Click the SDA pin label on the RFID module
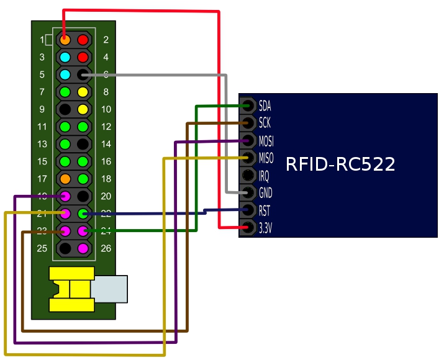[x=265, y=106]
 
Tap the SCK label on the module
[x=265, y=123]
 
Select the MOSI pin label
[x=266, y=140]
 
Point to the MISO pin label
[x=266, y=158]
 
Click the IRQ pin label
[x=264, y=175]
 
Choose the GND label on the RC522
[x=265, y=192]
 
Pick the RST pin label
[x=265, y=210]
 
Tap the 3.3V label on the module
[x=265, y=228]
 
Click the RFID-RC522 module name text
[x=340, y=165]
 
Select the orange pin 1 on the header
[x=65, y=40]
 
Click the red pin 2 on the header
[x=83, y=40]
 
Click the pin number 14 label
[x=106, y=144]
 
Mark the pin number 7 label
[x=42, y=92]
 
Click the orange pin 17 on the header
[x=65, y=179]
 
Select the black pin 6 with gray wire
[x=83, y=74]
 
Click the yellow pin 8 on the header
[x=83, y=92]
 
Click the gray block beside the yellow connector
[x=110, y=289]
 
